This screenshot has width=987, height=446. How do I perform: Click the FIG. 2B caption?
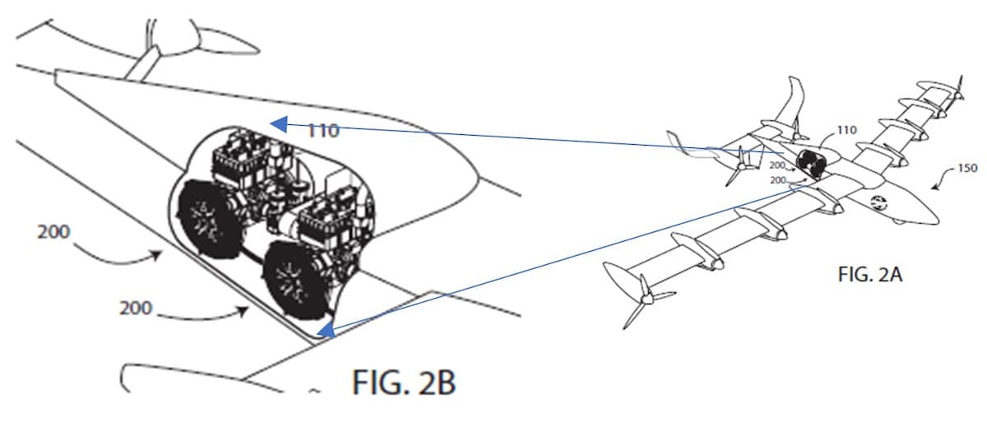[404, 383]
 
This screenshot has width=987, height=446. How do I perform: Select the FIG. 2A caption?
[870, 275]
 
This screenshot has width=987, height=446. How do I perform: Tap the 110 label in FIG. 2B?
[323, 131]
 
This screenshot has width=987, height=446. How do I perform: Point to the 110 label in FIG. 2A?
[846, 130]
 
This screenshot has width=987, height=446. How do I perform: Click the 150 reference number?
[967, 168]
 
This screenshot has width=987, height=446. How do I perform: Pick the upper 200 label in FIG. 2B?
[53, 232]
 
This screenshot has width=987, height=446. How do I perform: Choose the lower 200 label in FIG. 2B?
[135, 308]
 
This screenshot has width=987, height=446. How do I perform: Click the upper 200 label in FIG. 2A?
[778, 165]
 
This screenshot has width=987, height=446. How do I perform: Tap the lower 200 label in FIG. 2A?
[778, 180]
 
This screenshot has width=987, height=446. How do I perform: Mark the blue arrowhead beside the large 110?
[279, 124]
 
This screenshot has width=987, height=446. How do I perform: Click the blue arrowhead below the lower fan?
[325, 330]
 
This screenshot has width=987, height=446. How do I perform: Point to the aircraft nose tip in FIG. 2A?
[938, 219]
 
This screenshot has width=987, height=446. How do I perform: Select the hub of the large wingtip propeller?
[646, 299]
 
